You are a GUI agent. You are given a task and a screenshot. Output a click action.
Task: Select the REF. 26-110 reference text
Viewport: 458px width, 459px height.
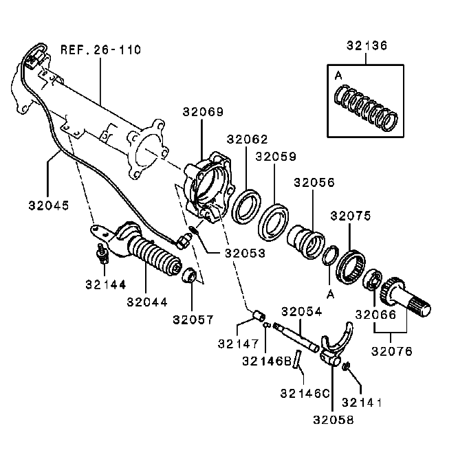coord(100,49)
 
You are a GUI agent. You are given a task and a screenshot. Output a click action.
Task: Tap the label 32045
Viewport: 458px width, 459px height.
coord(49,205)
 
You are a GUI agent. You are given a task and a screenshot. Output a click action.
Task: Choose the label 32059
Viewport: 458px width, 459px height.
coord(276,156)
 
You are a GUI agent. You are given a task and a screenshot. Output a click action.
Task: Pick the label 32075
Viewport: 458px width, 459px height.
coord(351,216)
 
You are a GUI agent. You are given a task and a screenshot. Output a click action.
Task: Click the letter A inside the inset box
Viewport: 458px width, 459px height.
coord(338,73)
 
